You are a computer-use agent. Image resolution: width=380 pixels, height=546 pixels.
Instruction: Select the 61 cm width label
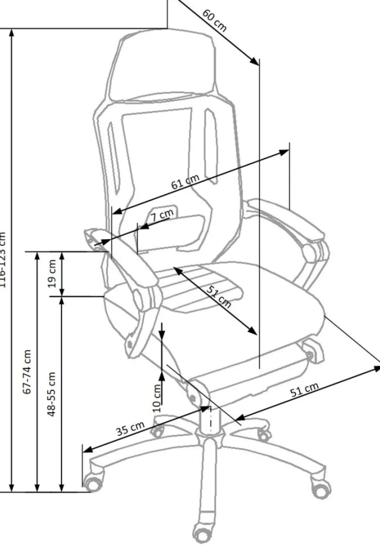(185, 182)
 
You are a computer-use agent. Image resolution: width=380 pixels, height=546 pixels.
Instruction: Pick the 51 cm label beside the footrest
(304, 390)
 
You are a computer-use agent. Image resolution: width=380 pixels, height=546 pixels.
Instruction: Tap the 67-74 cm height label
(27, 371)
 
